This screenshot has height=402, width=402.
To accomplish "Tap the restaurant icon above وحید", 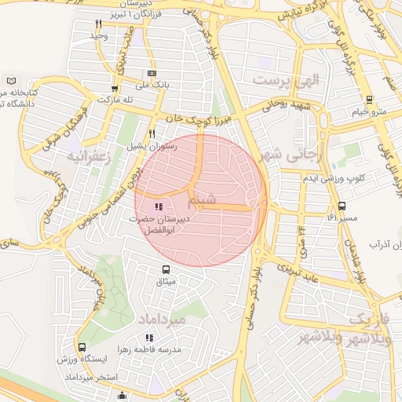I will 98,24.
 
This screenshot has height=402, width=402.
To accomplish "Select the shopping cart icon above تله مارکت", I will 115,89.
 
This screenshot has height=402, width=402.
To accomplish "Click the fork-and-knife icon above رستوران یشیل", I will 152,133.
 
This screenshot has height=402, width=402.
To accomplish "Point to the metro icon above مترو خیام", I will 368,99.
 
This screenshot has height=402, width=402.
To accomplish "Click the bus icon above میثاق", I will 163,269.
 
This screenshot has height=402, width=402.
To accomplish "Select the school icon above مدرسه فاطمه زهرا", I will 149,338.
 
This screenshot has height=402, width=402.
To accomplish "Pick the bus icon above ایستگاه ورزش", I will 82,347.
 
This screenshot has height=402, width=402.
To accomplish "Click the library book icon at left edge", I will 10,81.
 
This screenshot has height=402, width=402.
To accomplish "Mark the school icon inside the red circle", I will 159,207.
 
